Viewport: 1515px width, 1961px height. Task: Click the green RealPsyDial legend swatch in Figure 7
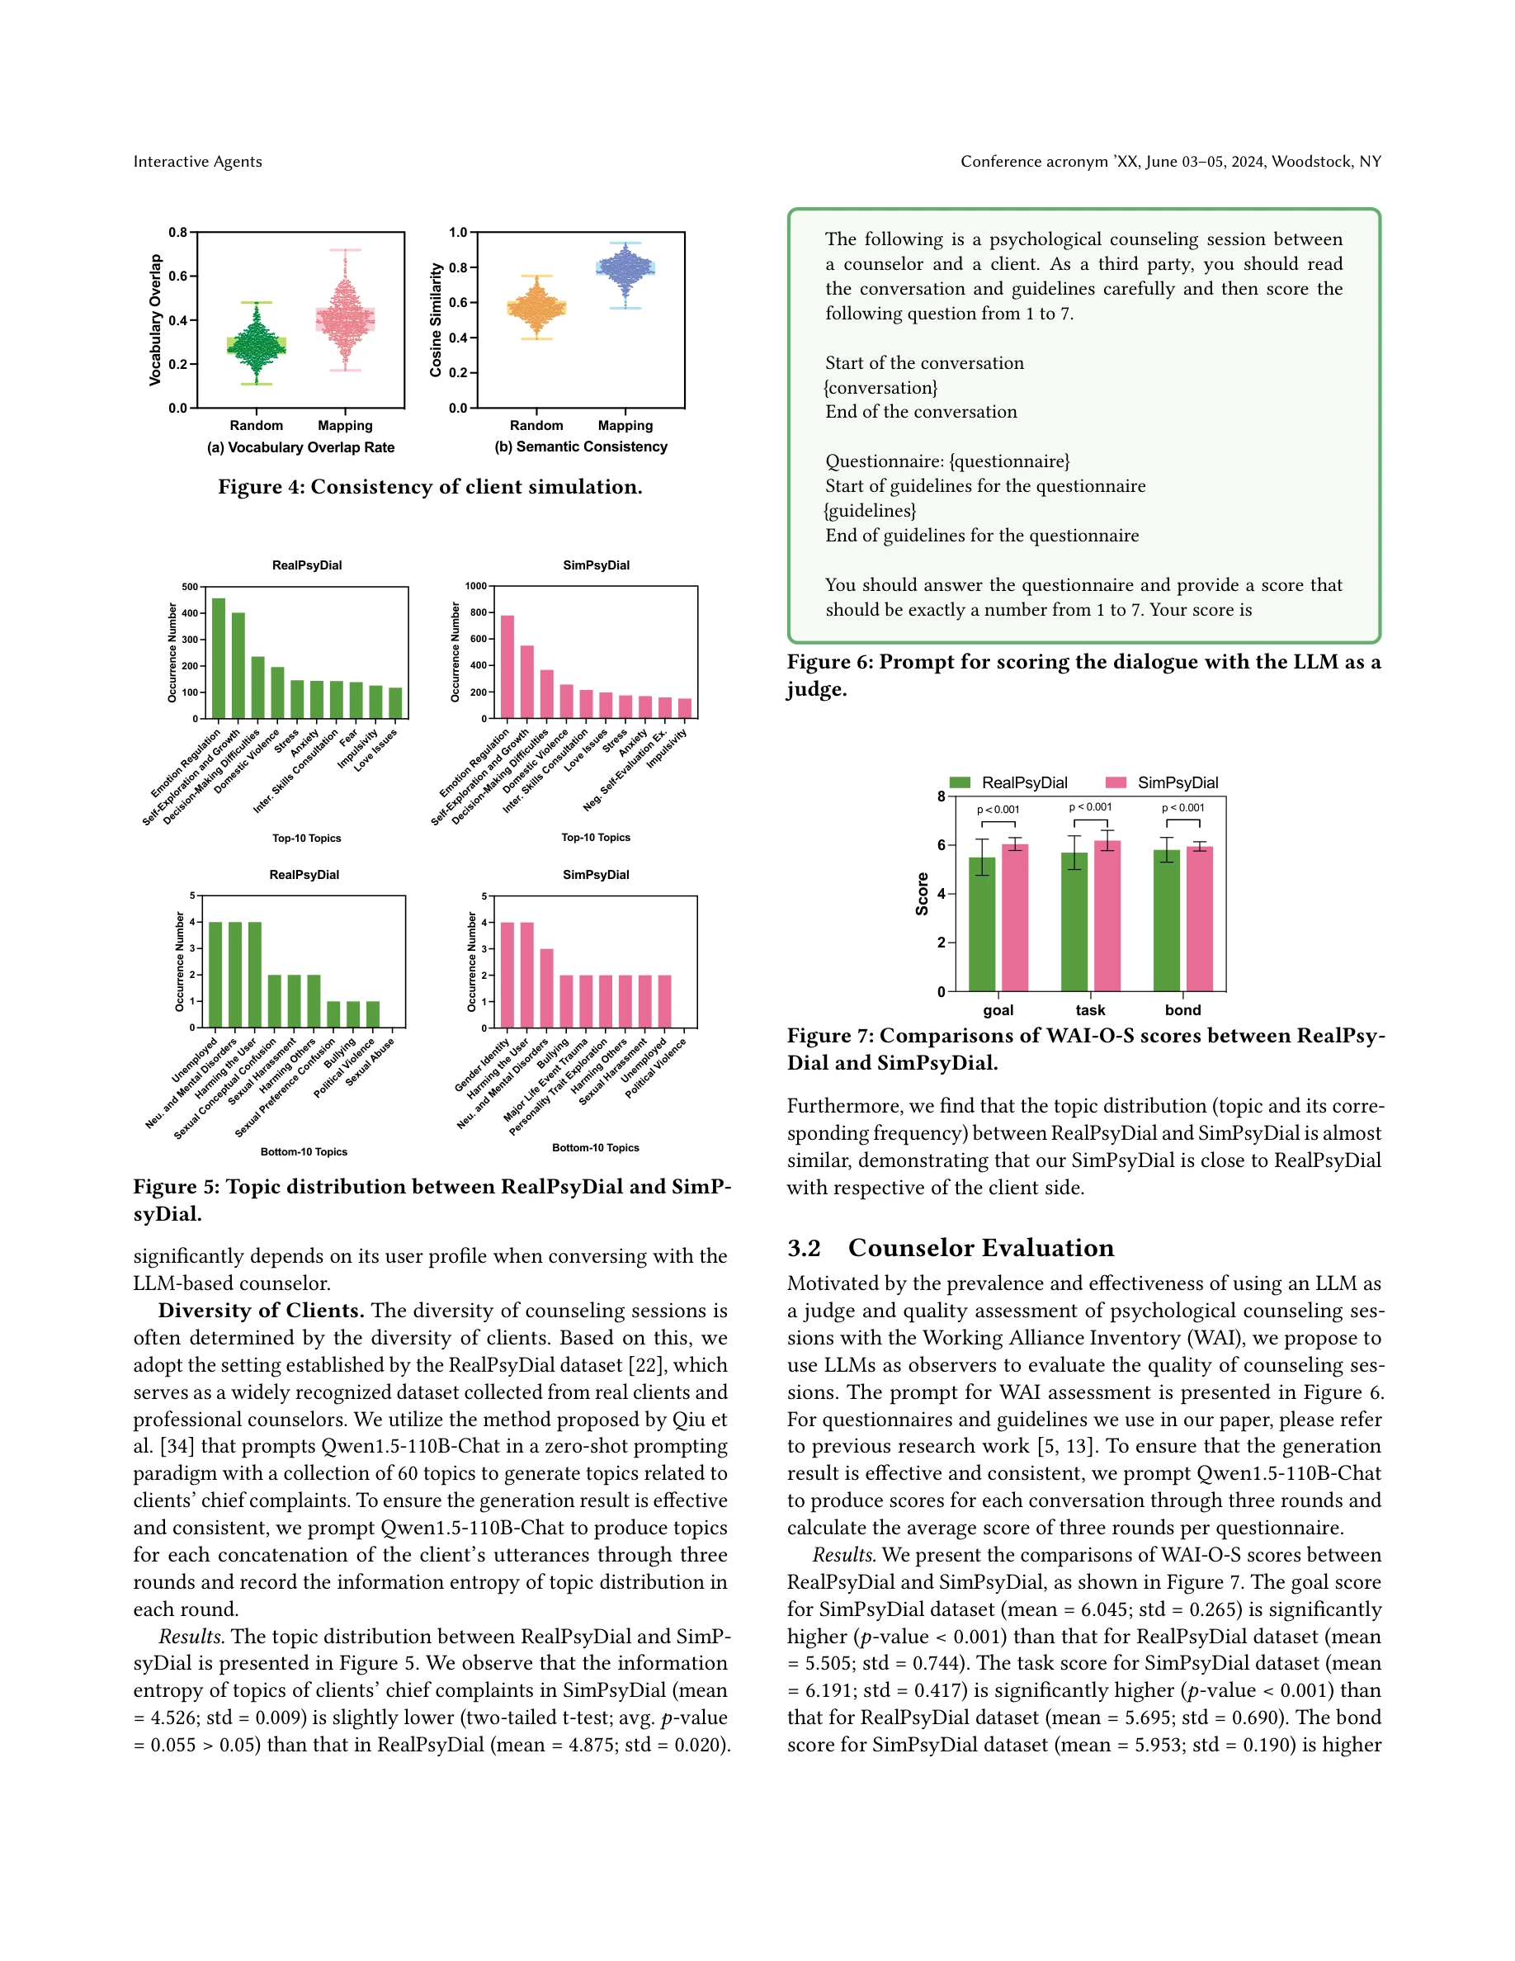(960, 782)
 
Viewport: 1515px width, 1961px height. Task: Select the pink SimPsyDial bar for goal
(1015, 917)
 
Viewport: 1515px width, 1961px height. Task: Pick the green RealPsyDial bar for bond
(1166, 920)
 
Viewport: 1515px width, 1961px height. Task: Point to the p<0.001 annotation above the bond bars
(1183, 807)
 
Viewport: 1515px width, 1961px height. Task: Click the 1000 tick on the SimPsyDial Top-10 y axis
(475, 585)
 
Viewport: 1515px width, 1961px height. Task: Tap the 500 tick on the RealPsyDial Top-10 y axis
(190, 586)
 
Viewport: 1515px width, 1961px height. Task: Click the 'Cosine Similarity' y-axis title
(437, 319)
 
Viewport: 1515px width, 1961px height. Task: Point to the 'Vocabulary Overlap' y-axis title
(155, 319)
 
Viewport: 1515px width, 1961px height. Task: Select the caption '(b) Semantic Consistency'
(581, 447)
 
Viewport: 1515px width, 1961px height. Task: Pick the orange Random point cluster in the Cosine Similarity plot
(536, 308)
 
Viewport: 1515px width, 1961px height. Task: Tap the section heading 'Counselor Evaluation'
(980, 1247)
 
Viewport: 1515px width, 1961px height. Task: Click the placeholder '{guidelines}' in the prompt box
(870, 510)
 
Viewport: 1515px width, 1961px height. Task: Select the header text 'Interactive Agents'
(197, 162)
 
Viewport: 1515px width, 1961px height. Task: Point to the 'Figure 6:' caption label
(829, 662)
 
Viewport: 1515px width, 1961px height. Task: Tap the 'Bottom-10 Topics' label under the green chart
(304, 1151)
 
